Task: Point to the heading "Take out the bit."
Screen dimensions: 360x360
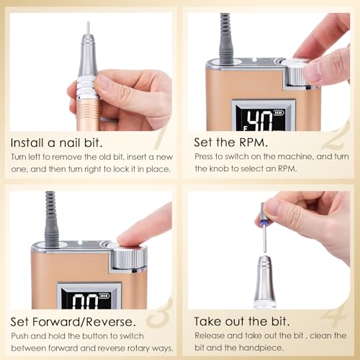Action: pos(242,321)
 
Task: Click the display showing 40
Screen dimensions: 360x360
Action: pos(260,119)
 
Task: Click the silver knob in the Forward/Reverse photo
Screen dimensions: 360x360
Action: pos(130,258)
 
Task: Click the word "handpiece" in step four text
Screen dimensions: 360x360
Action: pos(259,348)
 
